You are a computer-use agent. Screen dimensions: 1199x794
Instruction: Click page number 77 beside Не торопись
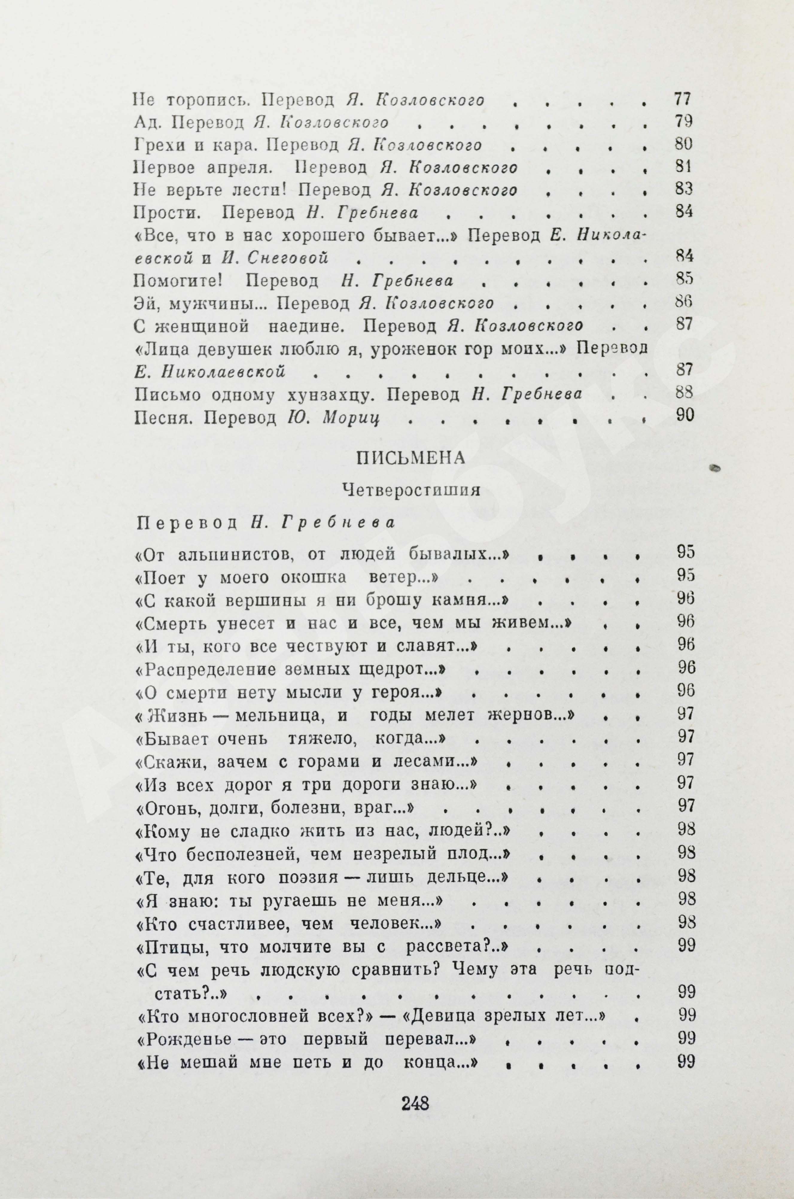pyautogui.click(x=683, y=99)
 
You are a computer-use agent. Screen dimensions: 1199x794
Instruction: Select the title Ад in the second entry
pyautogui.click(x=144, y=122)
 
